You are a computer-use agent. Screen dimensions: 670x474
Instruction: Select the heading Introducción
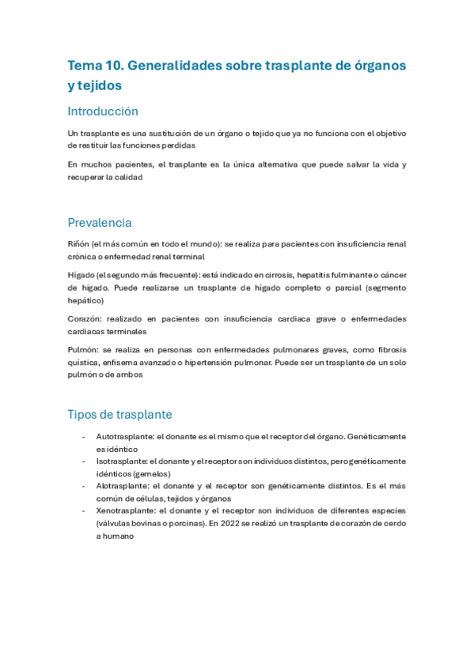pos(103,111)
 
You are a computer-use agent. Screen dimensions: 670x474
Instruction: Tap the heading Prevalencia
pos(100,223)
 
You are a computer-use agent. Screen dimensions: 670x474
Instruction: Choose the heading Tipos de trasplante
pos(119,414)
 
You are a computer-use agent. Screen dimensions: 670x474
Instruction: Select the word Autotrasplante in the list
pos(124,436)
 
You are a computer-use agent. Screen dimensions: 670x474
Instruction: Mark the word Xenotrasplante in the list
pos(124,510)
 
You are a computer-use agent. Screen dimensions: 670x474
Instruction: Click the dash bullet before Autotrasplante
pos(84,436)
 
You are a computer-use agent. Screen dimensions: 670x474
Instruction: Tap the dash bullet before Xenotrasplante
pos(84,510)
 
